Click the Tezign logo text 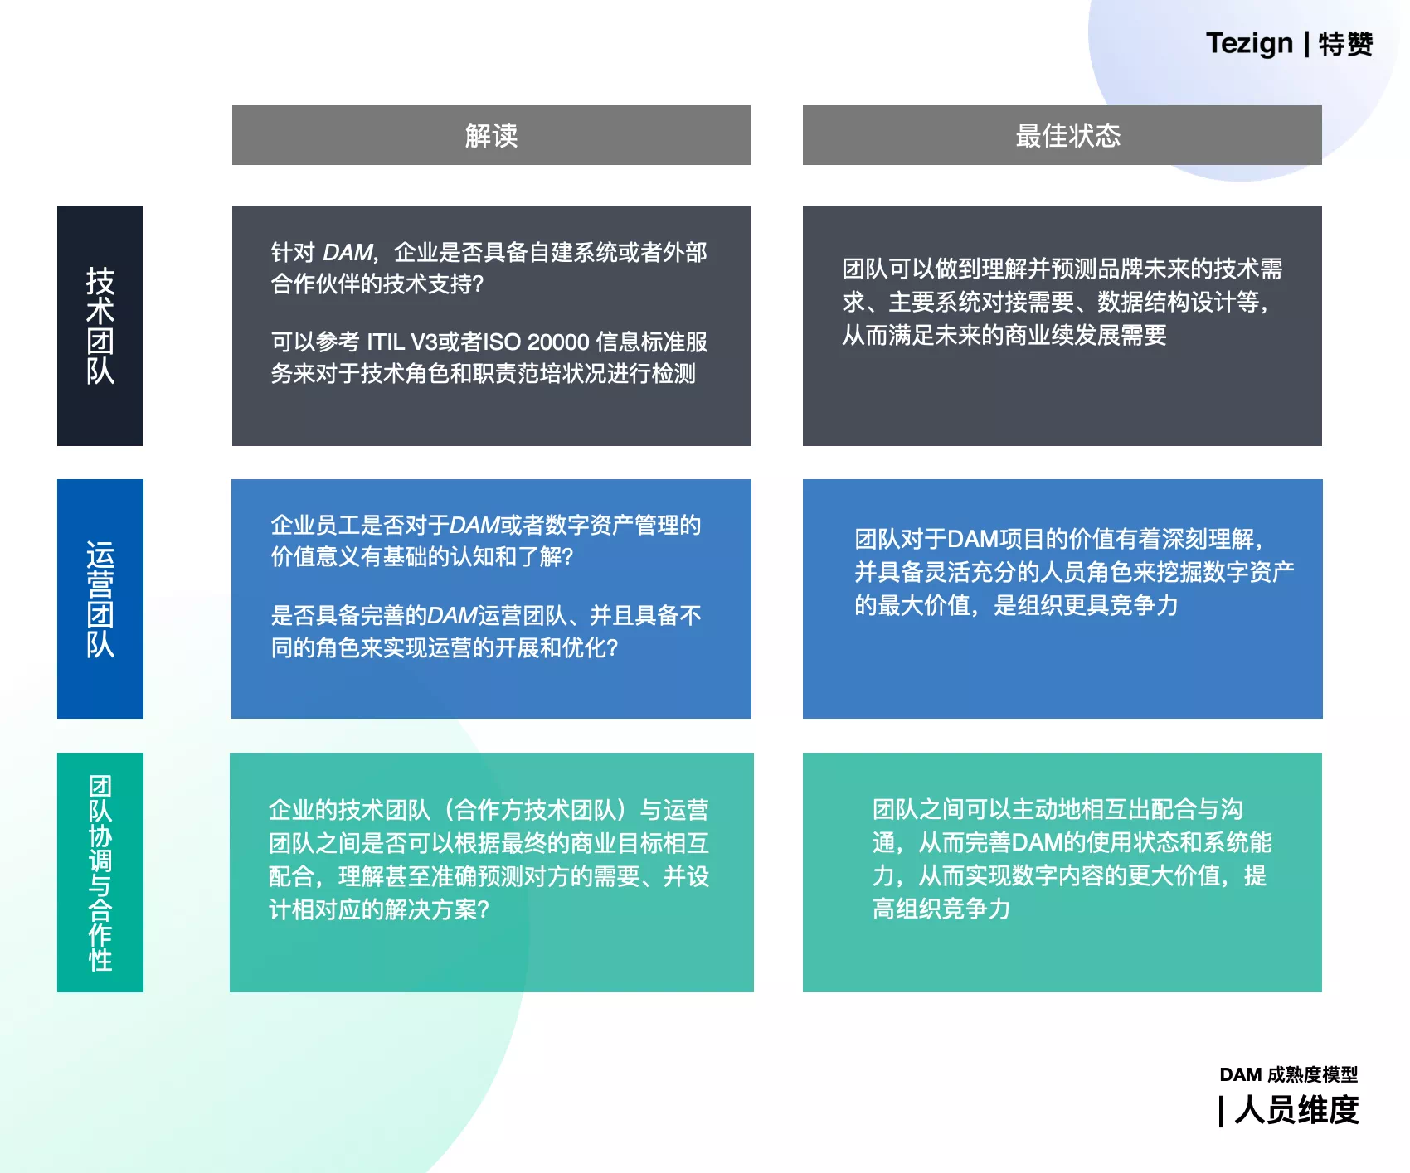click(x=1249, y=44)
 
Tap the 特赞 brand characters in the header click(x=1345, y=44)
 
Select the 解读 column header click(x=492, y=135)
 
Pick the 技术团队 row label click(x=100, y=326)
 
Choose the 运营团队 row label click(x=100, y=599)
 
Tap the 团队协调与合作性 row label click(x=100, y=872)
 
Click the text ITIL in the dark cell click(x=386, y=342)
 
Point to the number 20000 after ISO click(x=558, y=342)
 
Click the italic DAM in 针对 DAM click(x=348, y=252)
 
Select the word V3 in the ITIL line click(x=424, y=342)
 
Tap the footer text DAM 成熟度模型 click(x=1289, y=1074)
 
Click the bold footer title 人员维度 click(x=1297, y=1110)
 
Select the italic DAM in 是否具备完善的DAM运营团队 click(x=452, y=615)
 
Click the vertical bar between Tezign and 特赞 click(x=1307, y=44)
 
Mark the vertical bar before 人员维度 click(x=1221, y=1111)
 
